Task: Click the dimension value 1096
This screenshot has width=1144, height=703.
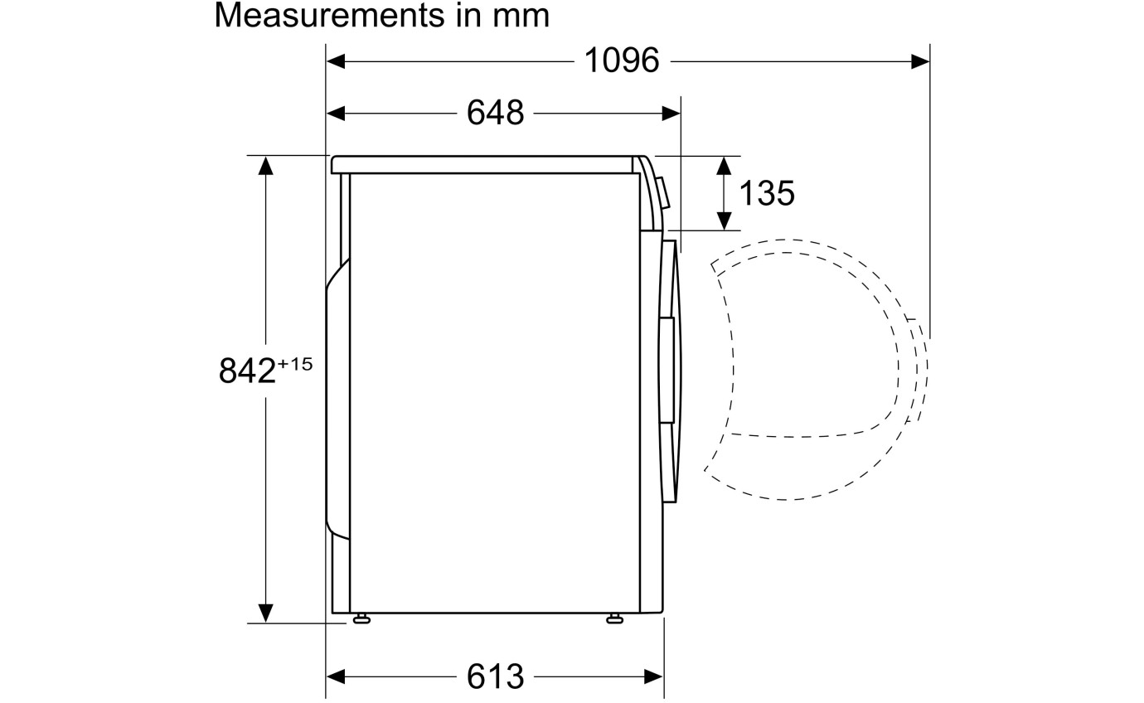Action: (x=622, y=61)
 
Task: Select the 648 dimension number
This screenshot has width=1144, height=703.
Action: (x=495, y=113)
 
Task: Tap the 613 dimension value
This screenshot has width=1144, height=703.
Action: (x=495, y=676)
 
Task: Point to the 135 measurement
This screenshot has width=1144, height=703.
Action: (x=767, y=193)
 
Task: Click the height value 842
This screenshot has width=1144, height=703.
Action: (x=247, y=371)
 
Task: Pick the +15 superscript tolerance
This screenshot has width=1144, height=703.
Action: (x=294, y=364)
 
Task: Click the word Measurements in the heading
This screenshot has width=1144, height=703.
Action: (x=329, y=15)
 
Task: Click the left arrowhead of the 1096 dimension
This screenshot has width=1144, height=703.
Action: (x=336, y=62)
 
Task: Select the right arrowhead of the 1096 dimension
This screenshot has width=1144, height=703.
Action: (x=920, y=62)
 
